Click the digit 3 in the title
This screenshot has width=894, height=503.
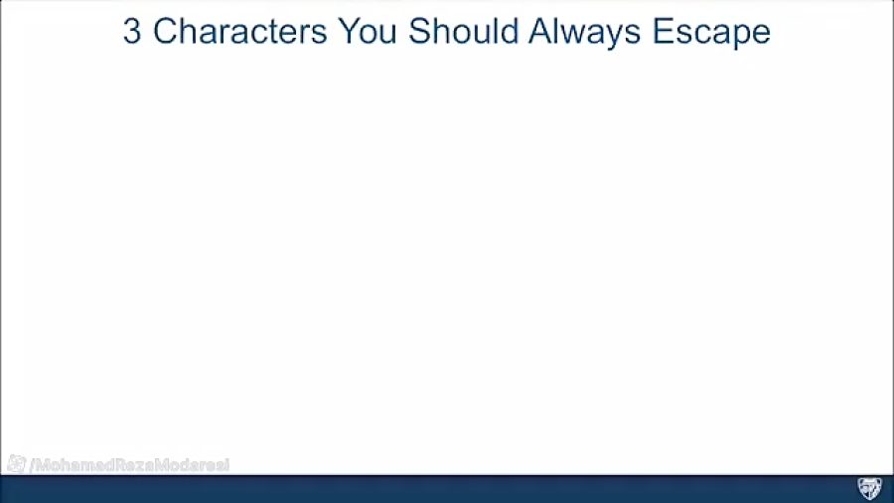pyautogui.click(x=131, y=32)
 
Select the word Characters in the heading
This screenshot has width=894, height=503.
pyautogui.click(x=239, y=32)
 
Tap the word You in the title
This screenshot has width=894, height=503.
pyautogui.click(x=368, y=32)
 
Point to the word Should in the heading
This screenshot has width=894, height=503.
pyautogui.click(x=463, y=32)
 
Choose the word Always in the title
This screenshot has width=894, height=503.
pyautogui.click(x=585, y=32)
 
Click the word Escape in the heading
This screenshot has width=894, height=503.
pyautogui.click(x=711, y=32)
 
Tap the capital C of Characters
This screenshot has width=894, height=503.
pyautogui.click(x=165, y=32)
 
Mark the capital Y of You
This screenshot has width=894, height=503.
pyautogui.click(x=347, y=32)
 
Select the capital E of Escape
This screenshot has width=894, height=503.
pyautogui.click(x=663, y=32)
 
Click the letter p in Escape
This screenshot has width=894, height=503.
pyautogui.click(x=740, y=35)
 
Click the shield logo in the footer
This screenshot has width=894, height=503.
pyautogui.click(x=869, y=488)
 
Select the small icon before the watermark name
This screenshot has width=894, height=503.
pyautogui.click(x=16, y=463)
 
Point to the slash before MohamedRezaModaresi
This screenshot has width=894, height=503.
pyautogui.click(x=32, y=464)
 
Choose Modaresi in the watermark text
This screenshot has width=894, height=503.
pyautogui.click(x=191, y=464)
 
